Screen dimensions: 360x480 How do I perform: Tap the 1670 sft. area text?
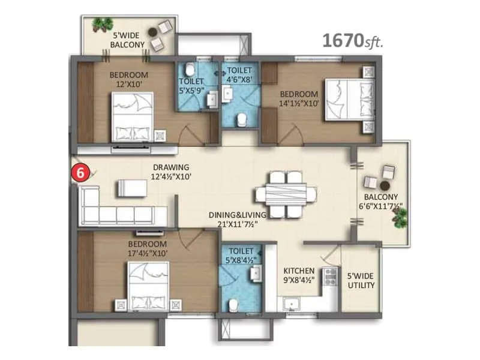coord(353,41)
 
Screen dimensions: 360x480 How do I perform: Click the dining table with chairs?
coord(286,194)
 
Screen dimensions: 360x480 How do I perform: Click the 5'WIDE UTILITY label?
coord(361,280)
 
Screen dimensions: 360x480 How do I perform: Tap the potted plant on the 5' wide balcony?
coord(103,25)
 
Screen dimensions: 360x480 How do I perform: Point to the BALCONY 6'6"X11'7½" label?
coord(382,201)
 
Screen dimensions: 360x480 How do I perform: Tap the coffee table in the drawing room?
coord(131,187)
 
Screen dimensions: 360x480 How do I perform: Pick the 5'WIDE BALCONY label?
coord(127,40)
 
